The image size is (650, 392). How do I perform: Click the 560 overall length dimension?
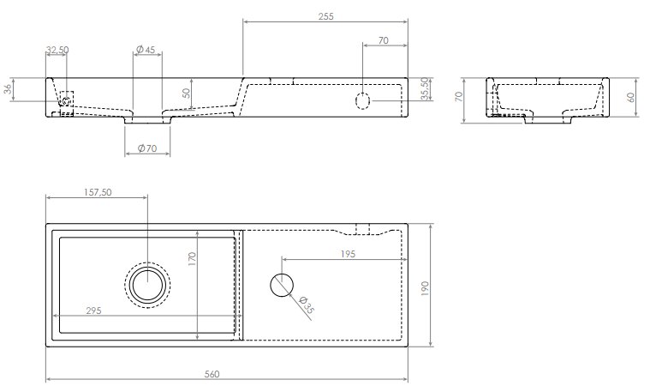tap(212, 374)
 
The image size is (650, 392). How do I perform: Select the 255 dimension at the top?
tap(325, 16)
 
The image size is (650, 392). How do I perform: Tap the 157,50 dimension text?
tap(98, 192)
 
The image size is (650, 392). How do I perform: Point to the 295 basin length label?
tap(93, 311)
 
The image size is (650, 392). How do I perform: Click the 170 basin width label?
tap(192, 259)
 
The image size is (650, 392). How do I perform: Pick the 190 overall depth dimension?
tap(425, 288)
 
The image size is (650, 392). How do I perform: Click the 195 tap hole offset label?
tap(349, 254)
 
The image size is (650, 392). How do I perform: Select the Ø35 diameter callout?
tap(306, 305)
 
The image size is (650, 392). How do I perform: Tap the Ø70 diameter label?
tap(147, 148)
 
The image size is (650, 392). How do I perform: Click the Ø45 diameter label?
tap(145, 50)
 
